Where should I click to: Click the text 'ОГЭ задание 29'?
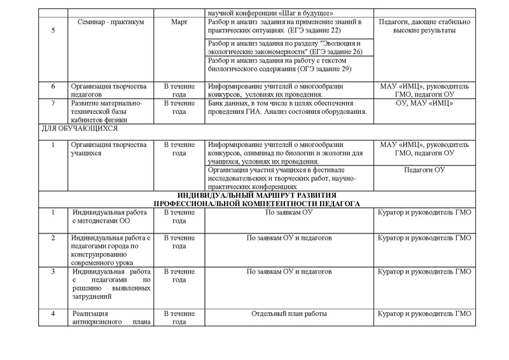321,69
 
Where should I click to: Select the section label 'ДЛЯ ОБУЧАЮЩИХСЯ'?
71,128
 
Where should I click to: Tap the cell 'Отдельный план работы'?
289,314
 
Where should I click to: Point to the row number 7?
53,102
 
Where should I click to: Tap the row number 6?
53,86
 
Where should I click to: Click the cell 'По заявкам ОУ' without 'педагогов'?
289,212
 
